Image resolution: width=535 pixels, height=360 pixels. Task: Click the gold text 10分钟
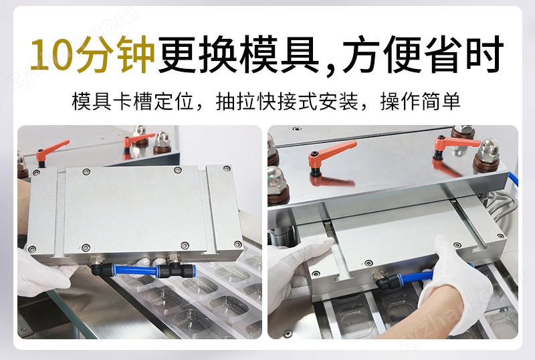[92, 55]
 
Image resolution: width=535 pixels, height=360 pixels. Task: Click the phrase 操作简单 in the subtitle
[421, 102]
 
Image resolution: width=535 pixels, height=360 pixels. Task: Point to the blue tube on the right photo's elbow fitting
[417, 278]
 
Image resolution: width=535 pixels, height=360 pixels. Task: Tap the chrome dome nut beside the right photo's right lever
[489, 153]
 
